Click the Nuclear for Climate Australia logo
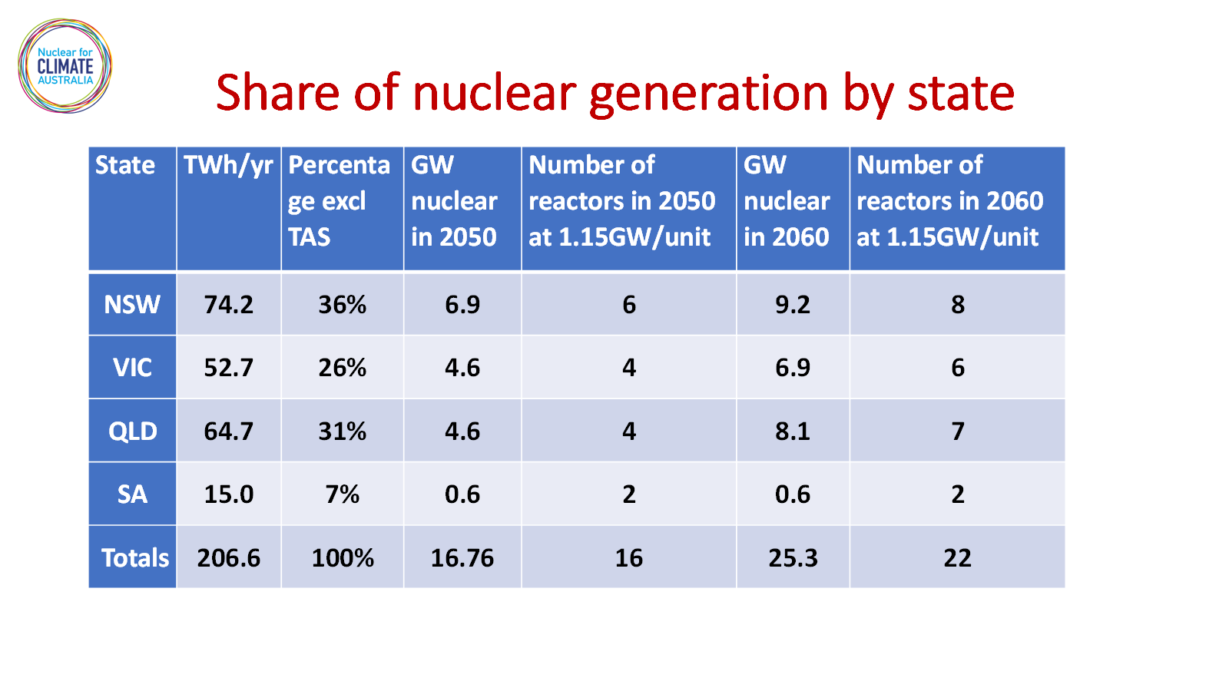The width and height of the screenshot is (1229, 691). click(x=65, y=66)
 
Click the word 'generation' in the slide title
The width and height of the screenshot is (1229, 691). click(x=708, y=95)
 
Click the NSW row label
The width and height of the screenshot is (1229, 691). click(x=132, y=304)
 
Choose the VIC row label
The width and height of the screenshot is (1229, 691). click(x=132, y=368)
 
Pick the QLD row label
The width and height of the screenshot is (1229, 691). click(x=132, y=431)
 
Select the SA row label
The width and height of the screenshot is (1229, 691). click(x=132, y=494)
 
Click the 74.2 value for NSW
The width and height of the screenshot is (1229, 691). click(x=228, y=304)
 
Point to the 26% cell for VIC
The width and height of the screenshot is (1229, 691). click(x=343, y=368)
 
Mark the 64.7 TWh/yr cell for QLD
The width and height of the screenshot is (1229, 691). click(x=228, y=431)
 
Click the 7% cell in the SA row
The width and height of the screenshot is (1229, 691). click(x=343, y=494)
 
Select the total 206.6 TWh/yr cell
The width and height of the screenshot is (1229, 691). click(x=228, y=557)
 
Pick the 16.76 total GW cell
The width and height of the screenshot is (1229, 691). click(x=462, y=557)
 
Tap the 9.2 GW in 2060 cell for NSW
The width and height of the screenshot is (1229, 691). click(x=792, y=304)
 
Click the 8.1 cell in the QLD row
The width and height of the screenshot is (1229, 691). click(x=792, y=431)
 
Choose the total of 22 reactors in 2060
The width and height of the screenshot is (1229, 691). click(x=957, y=557)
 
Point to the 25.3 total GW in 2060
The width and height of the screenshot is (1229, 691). click(x=793, y=557)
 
